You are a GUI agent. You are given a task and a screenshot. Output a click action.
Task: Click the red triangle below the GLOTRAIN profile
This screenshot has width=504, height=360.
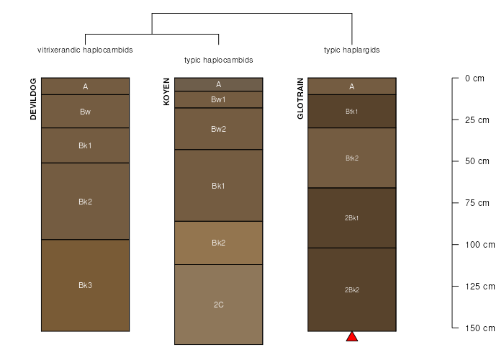click(x=352, y=336)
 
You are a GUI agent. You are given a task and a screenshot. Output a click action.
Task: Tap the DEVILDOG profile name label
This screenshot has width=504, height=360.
click(x=33, y=99)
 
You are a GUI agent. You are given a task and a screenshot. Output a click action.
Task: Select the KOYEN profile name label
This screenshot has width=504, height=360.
click(x=166, y=91)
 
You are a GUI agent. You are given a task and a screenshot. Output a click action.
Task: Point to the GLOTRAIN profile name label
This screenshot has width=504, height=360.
click(x=300, y=99)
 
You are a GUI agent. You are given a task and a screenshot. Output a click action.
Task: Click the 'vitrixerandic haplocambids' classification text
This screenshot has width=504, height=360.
click(x=85, y=50)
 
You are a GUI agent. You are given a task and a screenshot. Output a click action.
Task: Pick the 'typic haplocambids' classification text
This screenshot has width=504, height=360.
click(x=219, y=60)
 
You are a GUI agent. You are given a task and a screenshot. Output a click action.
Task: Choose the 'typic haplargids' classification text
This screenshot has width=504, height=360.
click(x=351, y=50)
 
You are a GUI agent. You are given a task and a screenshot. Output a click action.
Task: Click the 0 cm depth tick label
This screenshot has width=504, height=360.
click(x=474, y=78)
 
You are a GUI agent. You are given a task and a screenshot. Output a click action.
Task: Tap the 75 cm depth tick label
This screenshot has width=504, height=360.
click(x=477, y=203)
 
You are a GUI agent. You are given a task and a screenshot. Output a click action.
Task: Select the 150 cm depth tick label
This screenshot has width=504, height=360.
click(x=480, y=328)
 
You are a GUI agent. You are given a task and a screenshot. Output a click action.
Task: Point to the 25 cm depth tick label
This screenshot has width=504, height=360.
click(x=477, y=120)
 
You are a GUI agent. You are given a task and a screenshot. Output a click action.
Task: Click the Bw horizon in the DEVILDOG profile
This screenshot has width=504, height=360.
click(x=85, y=111)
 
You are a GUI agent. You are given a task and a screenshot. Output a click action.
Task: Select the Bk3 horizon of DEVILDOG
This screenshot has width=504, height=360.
click(x=85, y=285)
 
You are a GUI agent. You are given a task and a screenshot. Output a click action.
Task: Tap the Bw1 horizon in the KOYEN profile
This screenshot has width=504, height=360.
click(x=219, y=99)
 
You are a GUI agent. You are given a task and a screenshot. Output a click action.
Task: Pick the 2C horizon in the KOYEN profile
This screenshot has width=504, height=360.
click(x=219, y=305)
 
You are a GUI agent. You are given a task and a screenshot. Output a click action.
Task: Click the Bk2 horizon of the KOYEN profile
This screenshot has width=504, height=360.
click(x=219, y=243)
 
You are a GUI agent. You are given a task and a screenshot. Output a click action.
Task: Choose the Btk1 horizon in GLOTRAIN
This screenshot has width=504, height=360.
click(x=352, y=111)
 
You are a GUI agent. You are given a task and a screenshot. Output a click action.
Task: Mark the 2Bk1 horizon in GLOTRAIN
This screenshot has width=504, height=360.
click(x=352, y=218)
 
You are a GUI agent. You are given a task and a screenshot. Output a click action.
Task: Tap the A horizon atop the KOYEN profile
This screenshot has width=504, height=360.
click(x=219, y=84)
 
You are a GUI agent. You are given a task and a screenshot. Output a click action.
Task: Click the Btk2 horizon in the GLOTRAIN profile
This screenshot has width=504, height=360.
click(x=352, y=158)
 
